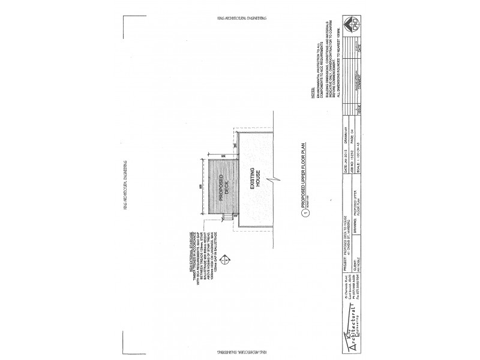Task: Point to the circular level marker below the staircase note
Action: (226, 259)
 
